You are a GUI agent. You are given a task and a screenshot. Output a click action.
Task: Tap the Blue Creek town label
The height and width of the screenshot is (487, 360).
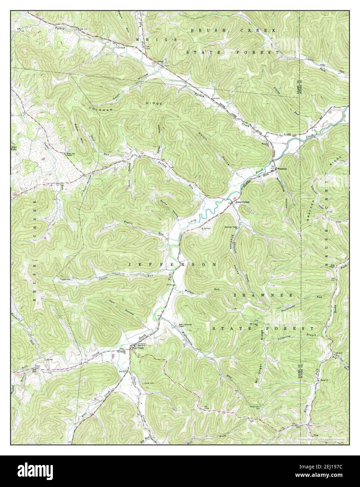pos(137,348)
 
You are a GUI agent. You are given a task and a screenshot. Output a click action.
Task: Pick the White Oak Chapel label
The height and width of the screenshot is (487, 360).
pos(72,155)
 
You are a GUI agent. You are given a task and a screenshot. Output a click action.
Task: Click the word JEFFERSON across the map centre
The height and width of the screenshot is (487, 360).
pos(172,265)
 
